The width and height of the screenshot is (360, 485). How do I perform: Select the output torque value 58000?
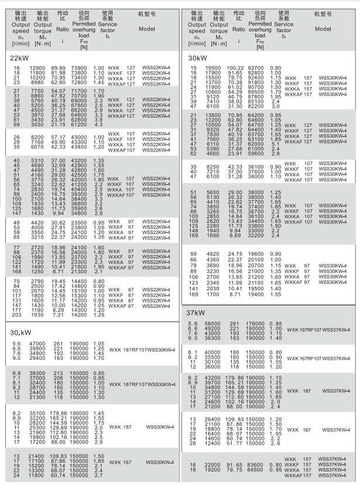[213, 324]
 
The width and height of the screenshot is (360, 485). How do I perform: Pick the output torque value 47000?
[37, 343]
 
